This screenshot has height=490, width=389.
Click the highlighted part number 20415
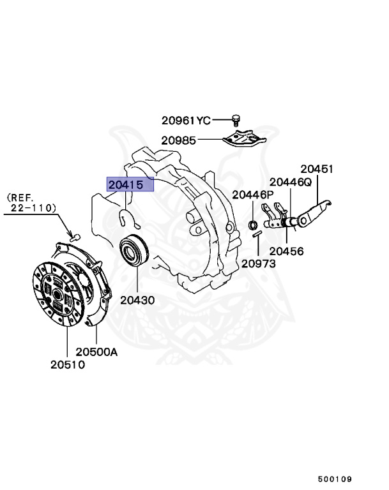130,185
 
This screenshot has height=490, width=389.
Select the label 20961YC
185,120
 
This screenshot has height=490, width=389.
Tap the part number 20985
179,140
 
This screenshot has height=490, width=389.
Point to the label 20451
317,169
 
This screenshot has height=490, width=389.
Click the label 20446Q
290,182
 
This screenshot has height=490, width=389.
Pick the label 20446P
252,195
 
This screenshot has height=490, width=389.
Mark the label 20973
259,264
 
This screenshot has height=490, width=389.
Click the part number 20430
135,299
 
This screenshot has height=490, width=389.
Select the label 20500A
97,352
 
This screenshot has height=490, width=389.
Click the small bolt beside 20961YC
235,119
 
